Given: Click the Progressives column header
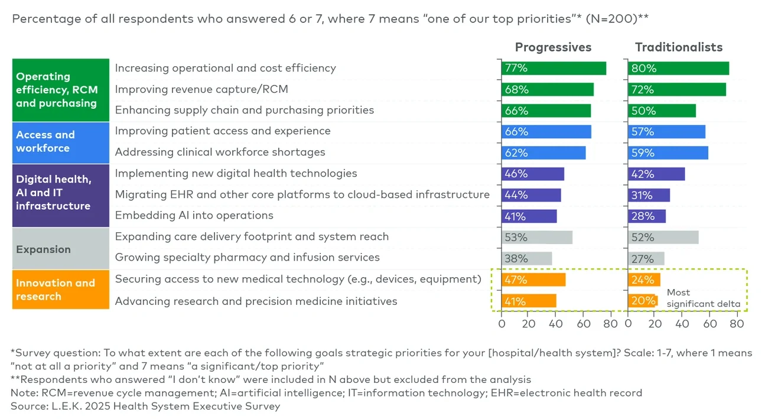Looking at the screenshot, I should (553, 47).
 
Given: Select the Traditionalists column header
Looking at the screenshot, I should (678, 47).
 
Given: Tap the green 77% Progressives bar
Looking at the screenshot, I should (554, 68).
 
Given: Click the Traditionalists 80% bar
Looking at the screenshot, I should (678, 68).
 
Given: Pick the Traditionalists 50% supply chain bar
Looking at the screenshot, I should (662, 111).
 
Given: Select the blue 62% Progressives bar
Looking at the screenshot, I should (544, 152).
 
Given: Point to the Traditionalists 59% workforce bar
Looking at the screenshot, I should (668, 152).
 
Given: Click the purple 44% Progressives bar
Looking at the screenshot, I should (531, 195).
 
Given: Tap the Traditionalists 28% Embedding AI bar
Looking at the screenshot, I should (647, 216).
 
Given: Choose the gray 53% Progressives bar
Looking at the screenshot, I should (537, 237).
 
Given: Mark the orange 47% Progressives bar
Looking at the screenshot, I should (533, 280).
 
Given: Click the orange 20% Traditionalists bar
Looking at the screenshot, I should (642, 301).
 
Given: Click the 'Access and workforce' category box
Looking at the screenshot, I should (60, 142).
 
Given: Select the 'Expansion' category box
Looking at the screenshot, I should (60, 249).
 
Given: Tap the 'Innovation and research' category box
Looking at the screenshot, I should (60, 290).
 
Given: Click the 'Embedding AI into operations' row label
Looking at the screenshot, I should (194, 215).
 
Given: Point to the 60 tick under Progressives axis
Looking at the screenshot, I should (583, 324).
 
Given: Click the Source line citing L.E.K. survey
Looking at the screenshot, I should (145, 406).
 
